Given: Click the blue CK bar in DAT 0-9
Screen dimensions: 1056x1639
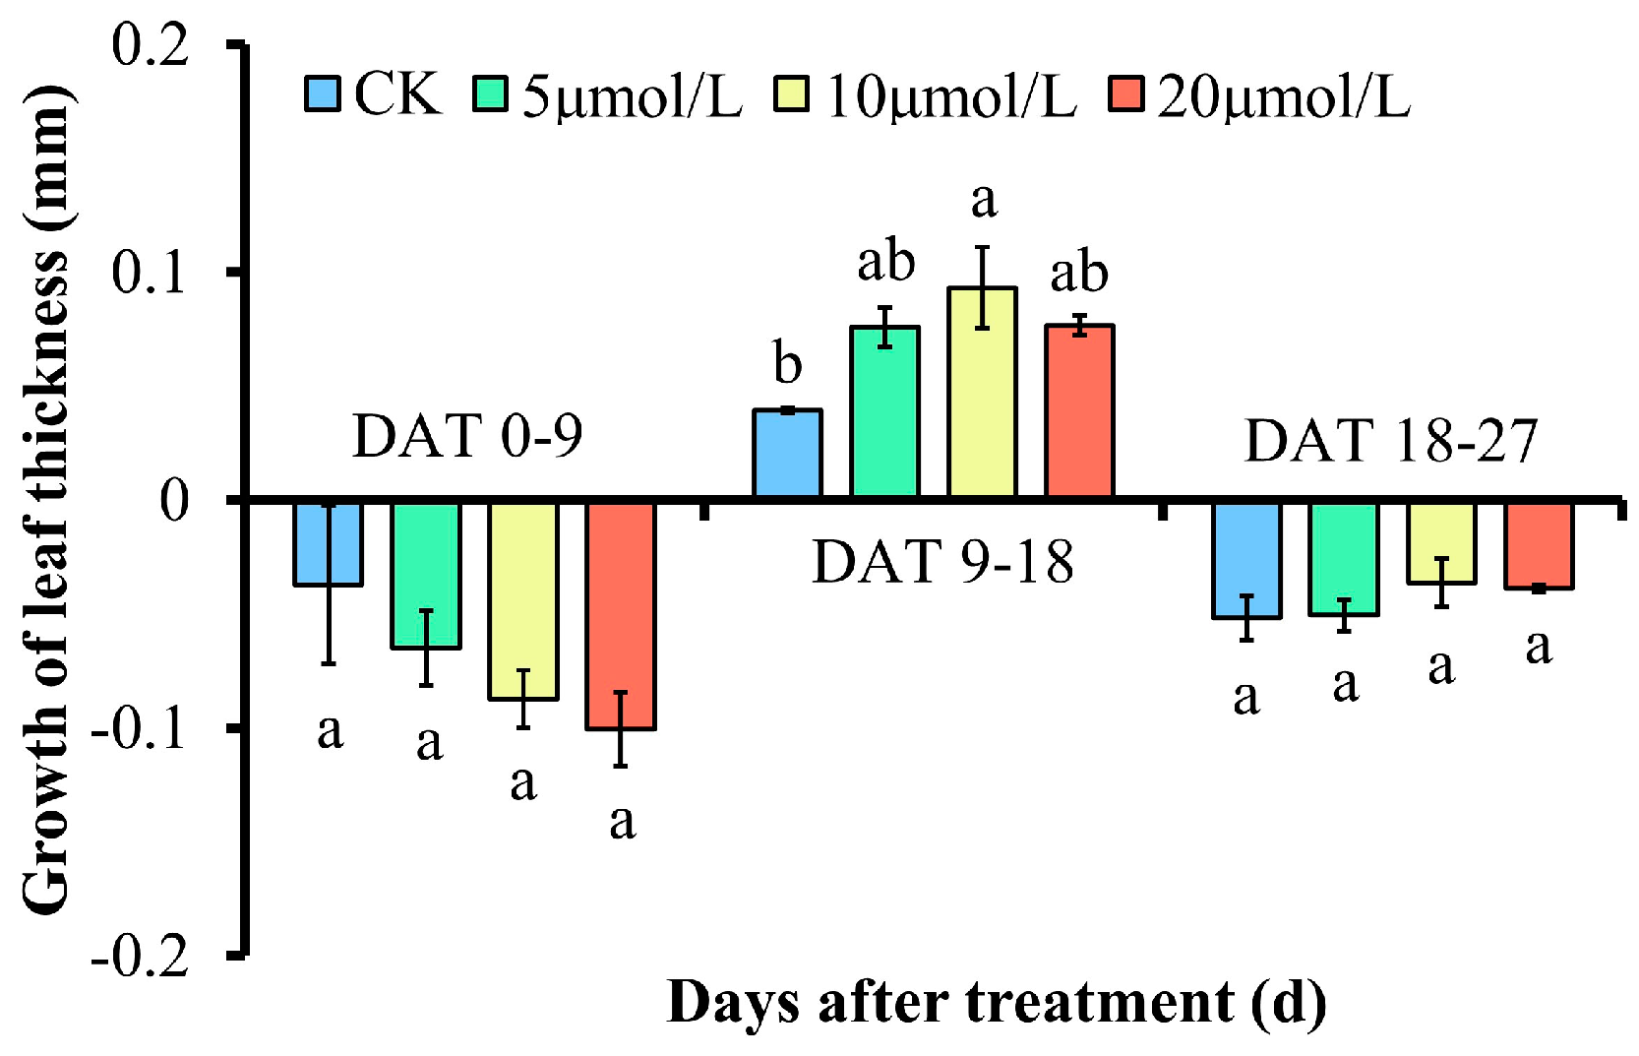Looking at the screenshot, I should [329, 543].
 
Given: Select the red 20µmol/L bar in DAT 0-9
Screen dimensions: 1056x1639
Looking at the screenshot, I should [621, 615].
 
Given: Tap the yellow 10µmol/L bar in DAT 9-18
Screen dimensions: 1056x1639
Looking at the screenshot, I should [982, 394].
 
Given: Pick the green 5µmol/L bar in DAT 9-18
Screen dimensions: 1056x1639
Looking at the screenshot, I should [884, 412].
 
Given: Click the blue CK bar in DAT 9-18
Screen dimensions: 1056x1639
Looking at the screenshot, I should [787, 454].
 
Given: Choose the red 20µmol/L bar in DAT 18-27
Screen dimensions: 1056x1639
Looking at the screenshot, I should [1539, 545].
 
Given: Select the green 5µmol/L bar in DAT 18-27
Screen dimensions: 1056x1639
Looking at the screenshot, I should [1344, 559].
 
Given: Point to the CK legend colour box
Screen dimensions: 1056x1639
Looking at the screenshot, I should [322, 94].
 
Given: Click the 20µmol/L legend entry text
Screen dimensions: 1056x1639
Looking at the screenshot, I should [1284, 96].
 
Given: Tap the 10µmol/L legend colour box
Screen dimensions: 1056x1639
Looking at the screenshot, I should [791, 94].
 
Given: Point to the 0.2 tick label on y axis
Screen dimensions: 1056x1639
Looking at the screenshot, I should [150, 45].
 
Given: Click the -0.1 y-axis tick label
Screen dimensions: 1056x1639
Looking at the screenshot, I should [139, 729].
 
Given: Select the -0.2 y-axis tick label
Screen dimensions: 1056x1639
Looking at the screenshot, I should [139, 956].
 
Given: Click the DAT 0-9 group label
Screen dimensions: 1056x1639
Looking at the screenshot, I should [467, 436].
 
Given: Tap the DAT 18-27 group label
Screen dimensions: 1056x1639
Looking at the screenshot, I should [1390, 440].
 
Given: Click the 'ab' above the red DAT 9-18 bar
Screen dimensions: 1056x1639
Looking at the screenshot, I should [1079, 273].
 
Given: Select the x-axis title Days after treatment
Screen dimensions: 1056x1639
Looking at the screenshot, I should [996, 1004].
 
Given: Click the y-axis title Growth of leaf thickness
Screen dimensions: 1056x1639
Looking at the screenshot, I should [46, 500].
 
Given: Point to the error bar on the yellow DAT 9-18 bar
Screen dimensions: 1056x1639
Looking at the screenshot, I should [982, 287].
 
